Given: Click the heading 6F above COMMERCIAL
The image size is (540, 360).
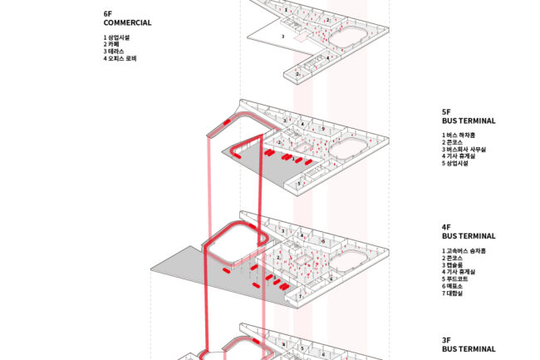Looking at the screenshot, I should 108,15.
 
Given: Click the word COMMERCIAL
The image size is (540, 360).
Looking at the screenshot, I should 127,22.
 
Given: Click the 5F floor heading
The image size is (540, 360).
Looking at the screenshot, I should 446,112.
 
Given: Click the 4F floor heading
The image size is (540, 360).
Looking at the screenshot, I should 446,227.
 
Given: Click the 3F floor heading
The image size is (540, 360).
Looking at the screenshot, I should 446,341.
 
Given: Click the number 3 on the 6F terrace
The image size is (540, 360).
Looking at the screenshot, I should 282,37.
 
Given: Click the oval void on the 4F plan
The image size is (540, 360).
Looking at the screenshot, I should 349,265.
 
